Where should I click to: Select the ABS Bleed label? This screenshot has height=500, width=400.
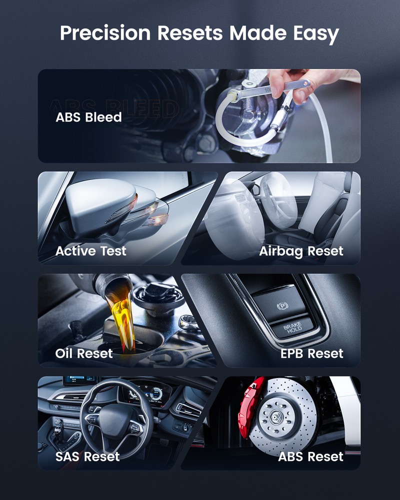pos(88,117)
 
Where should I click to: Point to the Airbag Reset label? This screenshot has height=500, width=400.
pos(301,251)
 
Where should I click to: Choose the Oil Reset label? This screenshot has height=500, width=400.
pos(84,353)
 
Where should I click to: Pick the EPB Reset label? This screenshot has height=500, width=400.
pos(312,353)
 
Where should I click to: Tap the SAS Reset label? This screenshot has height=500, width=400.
pos(87,456)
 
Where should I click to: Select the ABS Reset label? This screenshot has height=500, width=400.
pos(310,456)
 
